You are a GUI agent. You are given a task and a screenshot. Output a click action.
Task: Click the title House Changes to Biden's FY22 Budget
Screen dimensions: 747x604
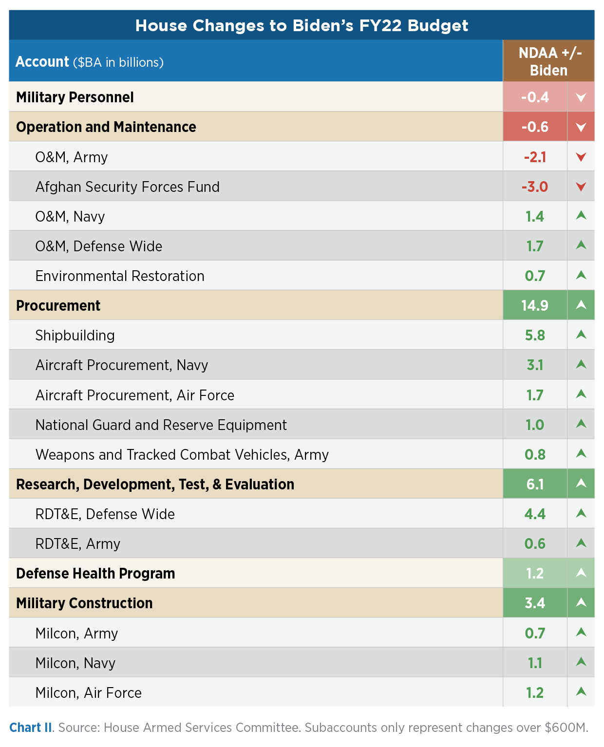point(302,25)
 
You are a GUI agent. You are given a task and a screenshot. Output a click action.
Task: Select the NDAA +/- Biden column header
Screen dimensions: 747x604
point(549,61)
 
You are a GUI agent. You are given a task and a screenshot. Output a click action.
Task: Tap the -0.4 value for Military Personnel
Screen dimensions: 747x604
point(534,97)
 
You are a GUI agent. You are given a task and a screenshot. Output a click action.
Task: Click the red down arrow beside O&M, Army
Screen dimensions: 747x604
point(581,157)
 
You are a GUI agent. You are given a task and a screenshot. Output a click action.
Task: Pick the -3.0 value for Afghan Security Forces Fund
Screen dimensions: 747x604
point(534,187)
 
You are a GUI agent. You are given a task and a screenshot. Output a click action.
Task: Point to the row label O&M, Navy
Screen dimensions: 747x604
point(70,217)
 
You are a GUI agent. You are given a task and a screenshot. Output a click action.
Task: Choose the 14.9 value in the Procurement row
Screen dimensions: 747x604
point(534,306)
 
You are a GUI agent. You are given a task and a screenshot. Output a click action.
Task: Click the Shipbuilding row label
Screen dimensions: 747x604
point(75,336)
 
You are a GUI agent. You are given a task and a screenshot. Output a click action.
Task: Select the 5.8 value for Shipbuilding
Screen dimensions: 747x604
point(534,336)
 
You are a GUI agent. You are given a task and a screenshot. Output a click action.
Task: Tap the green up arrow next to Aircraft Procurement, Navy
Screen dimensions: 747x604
point(581,365)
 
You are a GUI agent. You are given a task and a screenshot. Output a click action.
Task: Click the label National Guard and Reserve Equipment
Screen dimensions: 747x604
point(161,425)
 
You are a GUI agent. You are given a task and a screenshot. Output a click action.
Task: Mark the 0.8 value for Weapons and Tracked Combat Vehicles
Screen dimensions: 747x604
point(534,455)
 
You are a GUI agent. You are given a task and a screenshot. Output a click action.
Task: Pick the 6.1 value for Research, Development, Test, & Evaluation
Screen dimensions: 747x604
point(534,485)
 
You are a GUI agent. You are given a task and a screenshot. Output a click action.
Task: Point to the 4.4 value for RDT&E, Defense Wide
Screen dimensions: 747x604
point(534,514)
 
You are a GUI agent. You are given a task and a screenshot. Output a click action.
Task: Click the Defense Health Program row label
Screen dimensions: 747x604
point(95,574)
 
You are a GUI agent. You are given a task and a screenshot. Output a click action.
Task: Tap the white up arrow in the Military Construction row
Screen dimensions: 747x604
point(581,603)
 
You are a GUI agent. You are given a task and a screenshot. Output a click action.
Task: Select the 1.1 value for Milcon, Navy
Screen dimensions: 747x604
point(534,663)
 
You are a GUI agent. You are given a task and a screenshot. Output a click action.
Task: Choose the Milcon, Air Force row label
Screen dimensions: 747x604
point(89,693)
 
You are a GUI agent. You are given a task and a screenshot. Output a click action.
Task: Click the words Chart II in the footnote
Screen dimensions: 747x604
point(30,728)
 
